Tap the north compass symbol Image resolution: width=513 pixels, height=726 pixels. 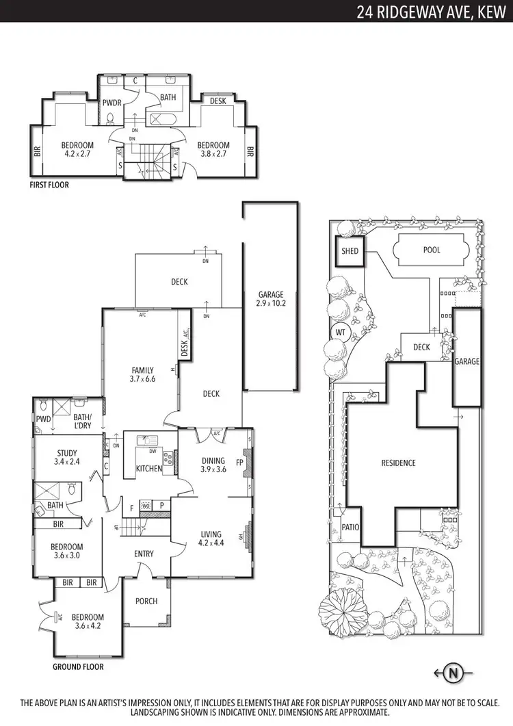coord(452,673)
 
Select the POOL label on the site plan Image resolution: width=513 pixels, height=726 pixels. coord(432,250)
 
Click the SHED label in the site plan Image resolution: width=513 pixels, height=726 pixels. coord(350,251)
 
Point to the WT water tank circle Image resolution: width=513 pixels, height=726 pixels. coord(340,333)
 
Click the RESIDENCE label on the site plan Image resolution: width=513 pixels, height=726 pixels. coord(398,463)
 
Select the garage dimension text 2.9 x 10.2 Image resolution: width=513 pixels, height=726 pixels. coord(271,302)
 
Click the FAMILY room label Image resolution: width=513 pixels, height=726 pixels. coord(142,370)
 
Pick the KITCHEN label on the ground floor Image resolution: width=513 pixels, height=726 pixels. coord(149,469)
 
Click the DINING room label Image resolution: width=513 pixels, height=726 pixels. coord(213,461)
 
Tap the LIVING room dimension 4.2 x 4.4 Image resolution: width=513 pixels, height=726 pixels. coord(211,544)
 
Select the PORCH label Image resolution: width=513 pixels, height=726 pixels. coord(146,601)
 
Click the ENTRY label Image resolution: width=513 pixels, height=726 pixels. coord(144,554)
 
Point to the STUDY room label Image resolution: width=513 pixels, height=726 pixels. coord(67,453)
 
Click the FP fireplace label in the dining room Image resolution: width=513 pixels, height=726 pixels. coord(239,462)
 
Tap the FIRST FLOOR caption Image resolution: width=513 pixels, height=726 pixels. coord(49,185)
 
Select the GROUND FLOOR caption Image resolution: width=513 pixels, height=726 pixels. coord(78,666)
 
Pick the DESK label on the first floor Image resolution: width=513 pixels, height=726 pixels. coord(218,101)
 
